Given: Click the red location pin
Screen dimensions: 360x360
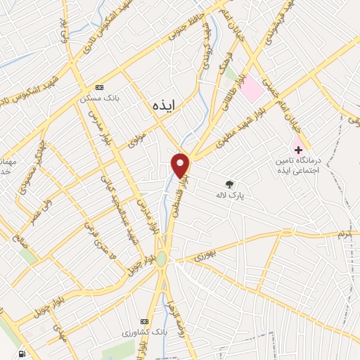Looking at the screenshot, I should point(181,165).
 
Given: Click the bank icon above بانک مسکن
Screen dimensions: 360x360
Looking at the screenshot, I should point(99,87).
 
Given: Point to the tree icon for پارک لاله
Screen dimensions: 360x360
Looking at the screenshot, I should point(229,184).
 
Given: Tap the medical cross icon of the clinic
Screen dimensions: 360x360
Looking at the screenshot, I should point(298,149).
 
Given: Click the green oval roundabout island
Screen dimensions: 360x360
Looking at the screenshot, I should point(162,258).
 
